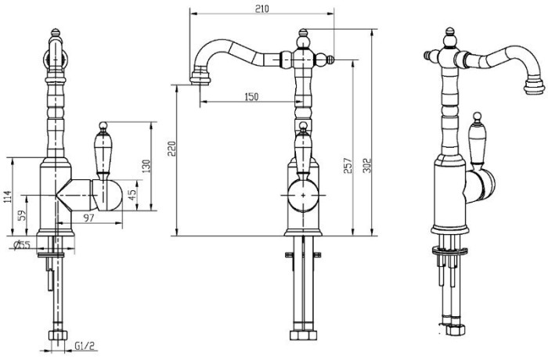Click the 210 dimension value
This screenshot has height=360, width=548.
pyautogui.click(x=262, y=8)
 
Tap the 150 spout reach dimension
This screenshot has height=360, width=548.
pyautogui.click(x=251, y=96)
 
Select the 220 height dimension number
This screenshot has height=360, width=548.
pyautogui.click(x=171, y=149)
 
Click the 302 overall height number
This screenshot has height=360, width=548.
pyautogui.click(x=367, y=165)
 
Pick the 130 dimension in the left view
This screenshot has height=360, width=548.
pyautogui.click(x=146, y=166)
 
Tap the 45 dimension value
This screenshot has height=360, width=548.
pyautogui.click(x=132, y=195)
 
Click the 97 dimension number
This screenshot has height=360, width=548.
pyautogui.click(x=88, y=218)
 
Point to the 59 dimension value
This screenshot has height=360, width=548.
pyautogui.click(x=22, y=216)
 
